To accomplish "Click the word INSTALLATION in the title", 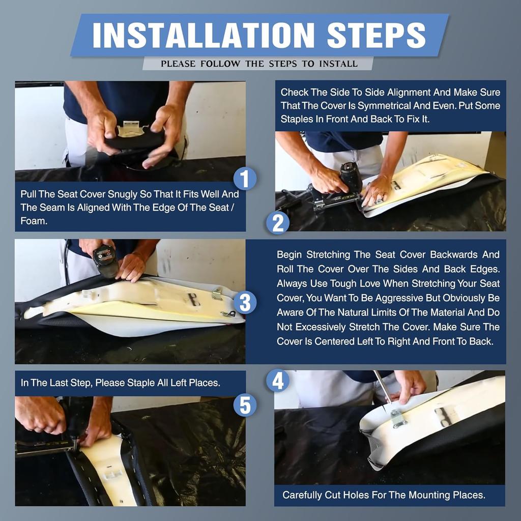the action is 204,35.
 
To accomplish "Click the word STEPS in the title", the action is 376,35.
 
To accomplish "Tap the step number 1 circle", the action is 245,179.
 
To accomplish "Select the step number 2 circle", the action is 278,223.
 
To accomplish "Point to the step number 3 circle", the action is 245,302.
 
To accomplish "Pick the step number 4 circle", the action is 278,381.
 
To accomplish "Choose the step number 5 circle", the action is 245,406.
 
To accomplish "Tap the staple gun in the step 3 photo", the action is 105,261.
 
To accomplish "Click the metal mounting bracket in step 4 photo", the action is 398,419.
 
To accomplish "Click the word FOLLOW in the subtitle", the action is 220,64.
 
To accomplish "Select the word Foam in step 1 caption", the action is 34,221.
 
